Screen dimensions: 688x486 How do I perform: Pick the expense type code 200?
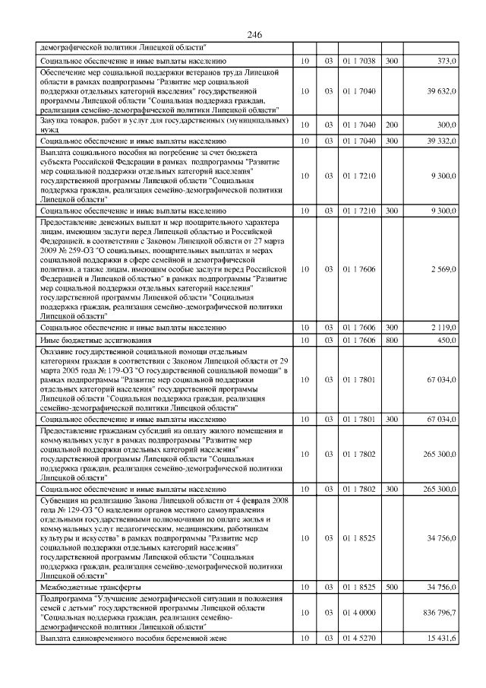click(391, 124)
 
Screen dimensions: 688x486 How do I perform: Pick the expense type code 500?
click(391, 588)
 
